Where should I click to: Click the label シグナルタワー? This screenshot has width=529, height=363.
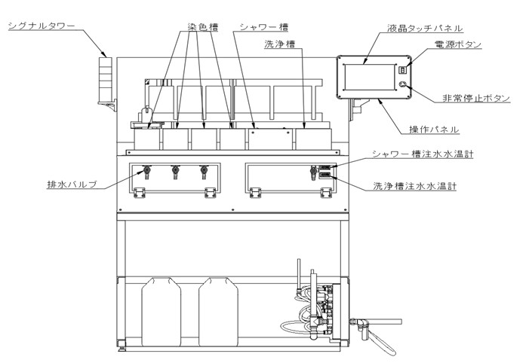42,26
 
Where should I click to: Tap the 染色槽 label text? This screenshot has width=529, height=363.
203,27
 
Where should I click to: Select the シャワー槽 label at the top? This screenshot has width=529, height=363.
264,27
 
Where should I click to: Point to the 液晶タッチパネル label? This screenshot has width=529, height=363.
425,28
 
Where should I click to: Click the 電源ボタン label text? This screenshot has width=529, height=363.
458,44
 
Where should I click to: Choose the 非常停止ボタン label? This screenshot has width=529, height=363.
476,98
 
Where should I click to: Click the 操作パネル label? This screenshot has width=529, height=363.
434,130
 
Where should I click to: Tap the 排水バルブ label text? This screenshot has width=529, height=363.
72,185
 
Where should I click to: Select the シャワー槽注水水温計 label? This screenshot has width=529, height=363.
423,154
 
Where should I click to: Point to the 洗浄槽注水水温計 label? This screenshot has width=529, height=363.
414,185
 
